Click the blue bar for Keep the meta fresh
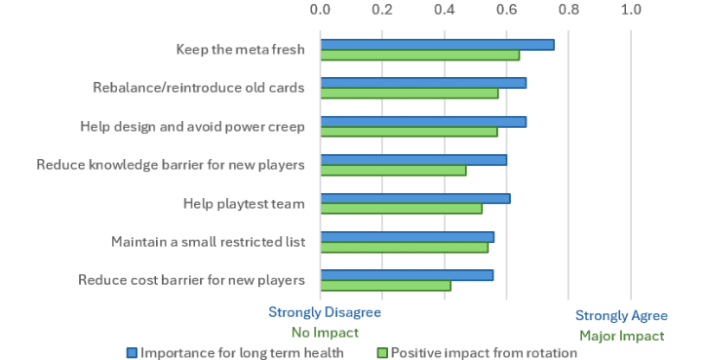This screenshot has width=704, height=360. pos(437,45)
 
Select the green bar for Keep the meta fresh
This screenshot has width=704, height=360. pos(420,56)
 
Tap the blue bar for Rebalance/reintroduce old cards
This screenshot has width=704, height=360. pos(423,83)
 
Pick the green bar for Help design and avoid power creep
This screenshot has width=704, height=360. pos(409,132)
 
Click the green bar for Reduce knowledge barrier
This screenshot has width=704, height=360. pos(393,171)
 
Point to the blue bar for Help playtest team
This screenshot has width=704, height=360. pos(415,198)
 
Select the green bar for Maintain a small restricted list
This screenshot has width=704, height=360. pos(404,247)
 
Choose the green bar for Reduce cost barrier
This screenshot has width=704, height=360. pos(386,286)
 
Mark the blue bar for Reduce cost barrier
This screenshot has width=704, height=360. pos(407,275)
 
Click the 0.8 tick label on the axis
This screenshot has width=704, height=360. pos(568,10)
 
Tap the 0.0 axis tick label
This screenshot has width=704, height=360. pos(320,10)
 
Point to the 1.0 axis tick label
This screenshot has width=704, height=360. pos(631,10)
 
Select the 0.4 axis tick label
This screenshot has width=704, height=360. pos(445,10)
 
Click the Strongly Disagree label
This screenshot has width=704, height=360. pos(325,312)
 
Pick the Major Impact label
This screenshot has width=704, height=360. pos(622,337)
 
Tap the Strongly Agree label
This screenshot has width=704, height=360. pos(621,316)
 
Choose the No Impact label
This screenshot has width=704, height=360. pos(325,333)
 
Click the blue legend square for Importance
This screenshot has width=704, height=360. pos(132,353)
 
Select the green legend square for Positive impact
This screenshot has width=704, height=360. pos(382,353)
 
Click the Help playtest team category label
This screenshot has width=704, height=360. pos(244,204)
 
